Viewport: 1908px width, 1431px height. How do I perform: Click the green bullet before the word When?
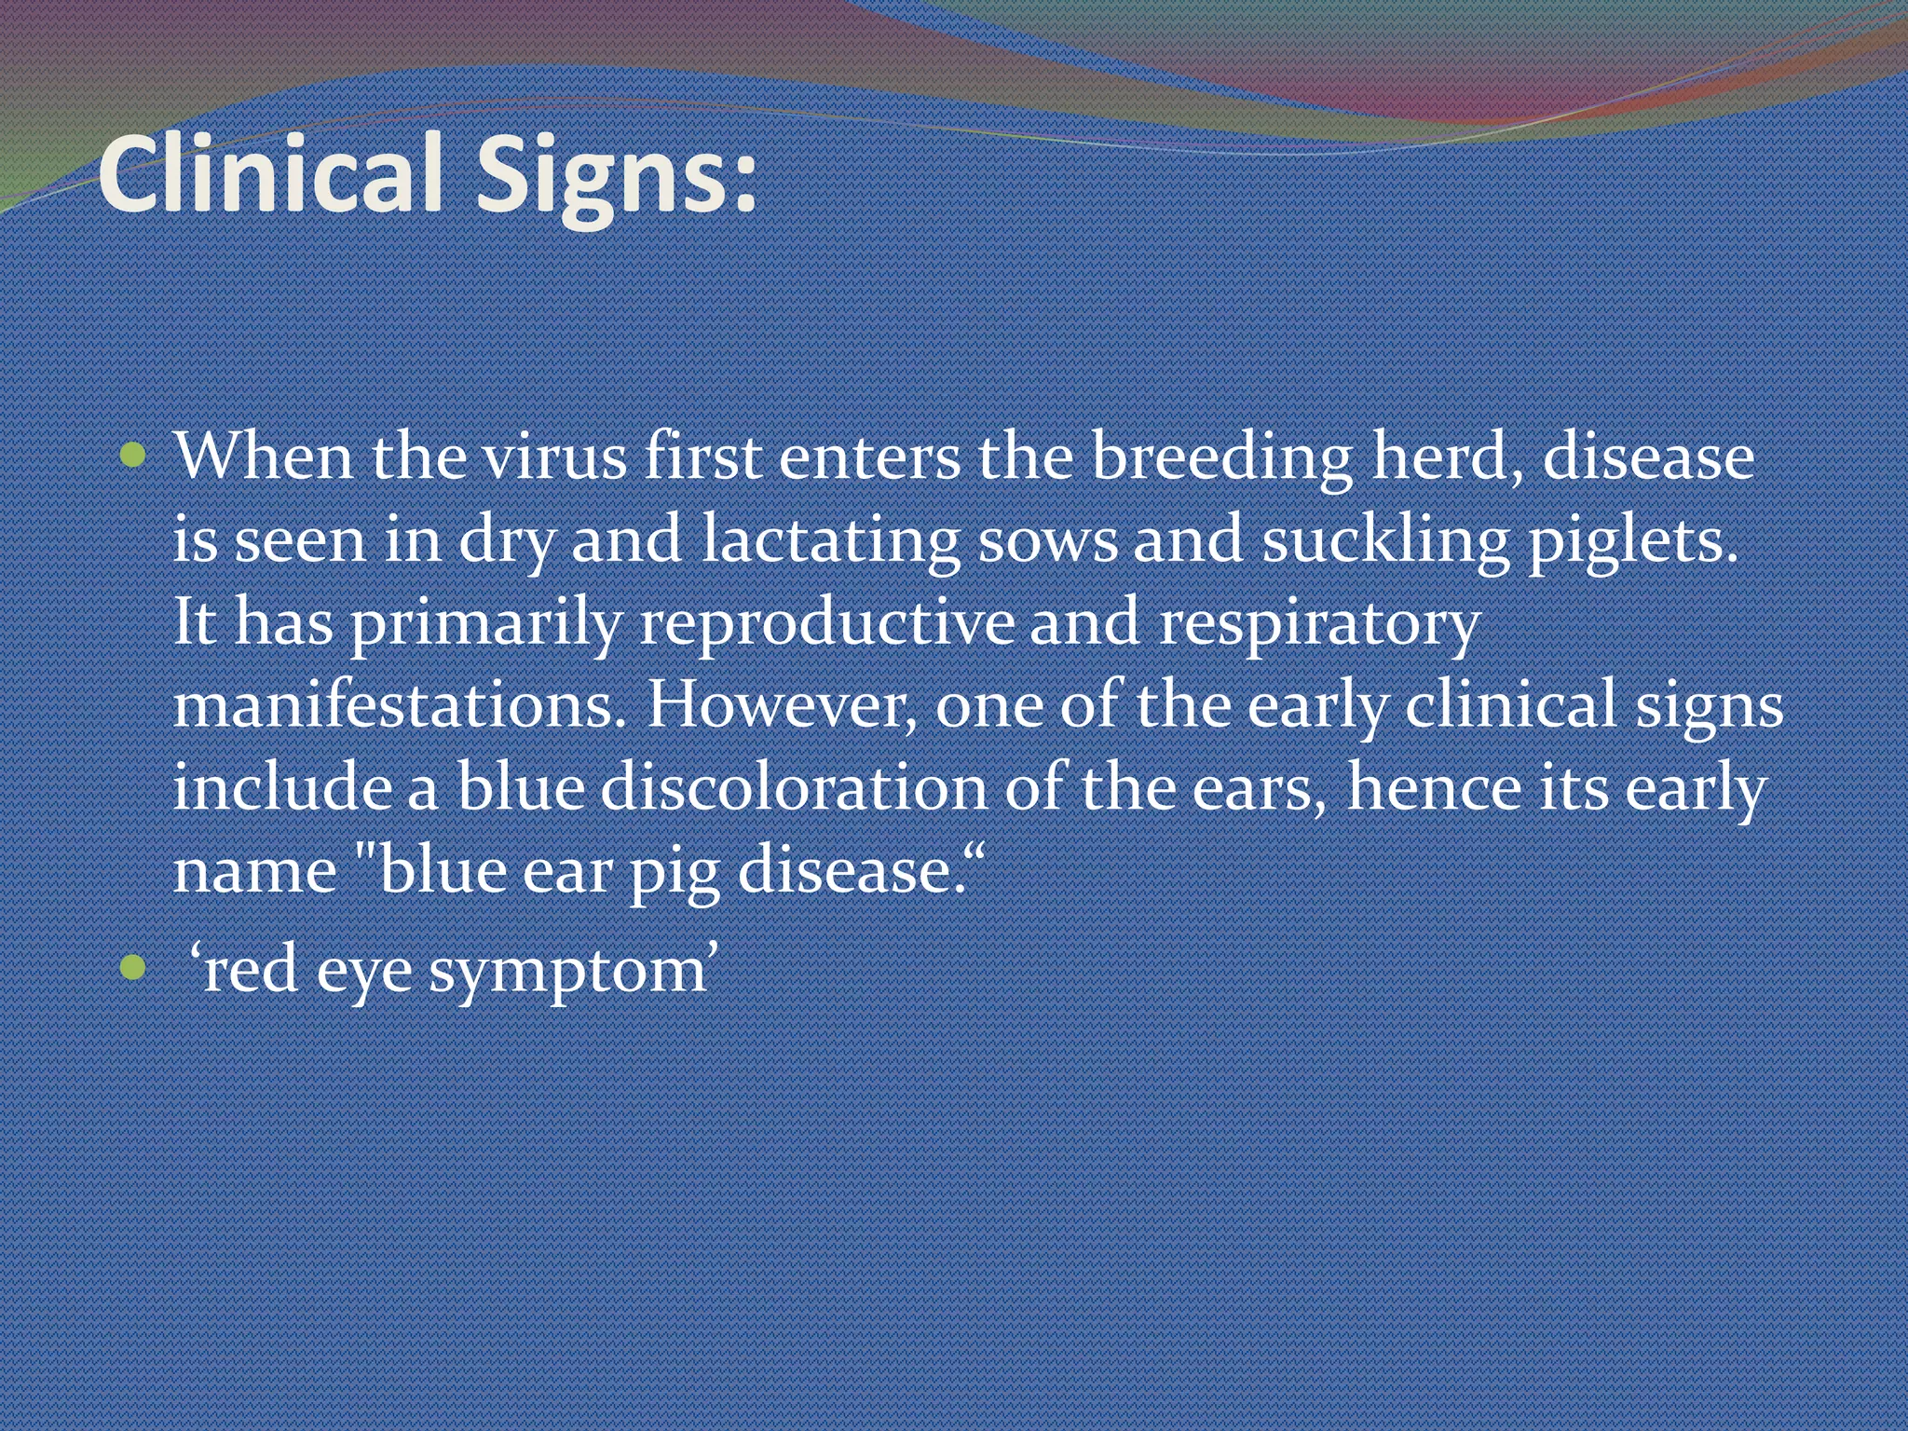pos(134,456)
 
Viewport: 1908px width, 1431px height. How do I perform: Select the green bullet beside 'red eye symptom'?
pos(134,968)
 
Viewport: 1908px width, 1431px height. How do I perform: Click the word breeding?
pos(1221,459)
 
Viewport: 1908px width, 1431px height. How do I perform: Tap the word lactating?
pos(830,541)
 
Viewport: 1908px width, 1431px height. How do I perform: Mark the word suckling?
pos(1384,541)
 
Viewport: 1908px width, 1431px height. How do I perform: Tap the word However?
pos(782,704)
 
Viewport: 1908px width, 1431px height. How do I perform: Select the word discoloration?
pos(793,787)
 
